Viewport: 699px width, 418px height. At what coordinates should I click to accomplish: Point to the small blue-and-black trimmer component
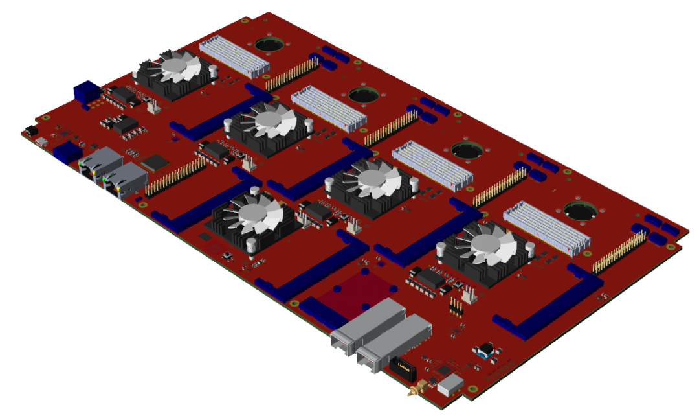tap(484, 352)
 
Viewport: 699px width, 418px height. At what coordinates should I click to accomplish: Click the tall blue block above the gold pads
tap(84, 91)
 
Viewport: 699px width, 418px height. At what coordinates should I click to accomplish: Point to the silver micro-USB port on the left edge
tap(41, 141)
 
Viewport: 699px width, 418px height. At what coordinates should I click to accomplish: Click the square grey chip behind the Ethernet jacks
tap(155, 161)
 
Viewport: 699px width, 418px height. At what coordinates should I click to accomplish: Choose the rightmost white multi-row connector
tap(547, 227)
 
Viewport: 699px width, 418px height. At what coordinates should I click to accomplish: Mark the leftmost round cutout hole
tap(270, 45)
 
